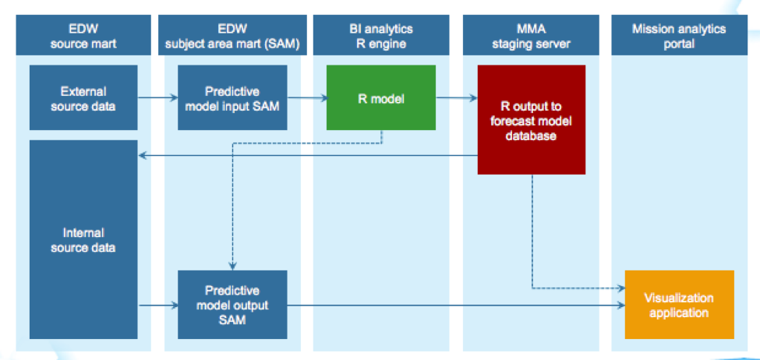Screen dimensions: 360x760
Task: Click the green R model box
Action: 381,98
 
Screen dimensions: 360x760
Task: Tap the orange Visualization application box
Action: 679,305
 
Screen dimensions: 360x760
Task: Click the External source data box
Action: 83,98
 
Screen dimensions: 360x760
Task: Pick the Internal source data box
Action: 83,239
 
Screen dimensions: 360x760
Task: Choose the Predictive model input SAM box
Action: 232,98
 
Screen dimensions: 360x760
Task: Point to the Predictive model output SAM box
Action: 232,305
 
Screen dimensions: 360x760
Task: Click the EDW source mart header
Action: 83,36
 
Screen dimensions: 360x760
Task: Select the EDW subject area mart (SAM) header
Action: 232,36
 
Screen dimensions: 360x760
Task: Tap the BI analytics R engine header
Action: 381,36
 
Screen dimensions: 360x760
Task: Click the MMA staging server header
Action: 532,36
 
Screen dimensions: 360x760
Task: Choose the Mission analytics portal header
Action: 680,36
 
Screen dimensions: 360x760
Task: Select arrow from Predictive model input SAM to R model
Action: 306,98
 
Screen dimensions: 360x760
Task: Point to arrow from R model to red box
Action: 456,98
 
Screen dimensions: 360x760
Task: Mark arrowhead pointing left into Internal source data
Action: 142,155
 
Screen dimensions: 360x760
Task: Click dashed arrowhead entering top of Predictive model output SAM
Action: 232,266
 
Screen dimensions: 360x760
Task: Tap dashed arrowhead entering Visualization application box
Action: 620,288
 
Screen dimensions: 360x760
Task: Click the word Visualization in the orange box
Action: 679,298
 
